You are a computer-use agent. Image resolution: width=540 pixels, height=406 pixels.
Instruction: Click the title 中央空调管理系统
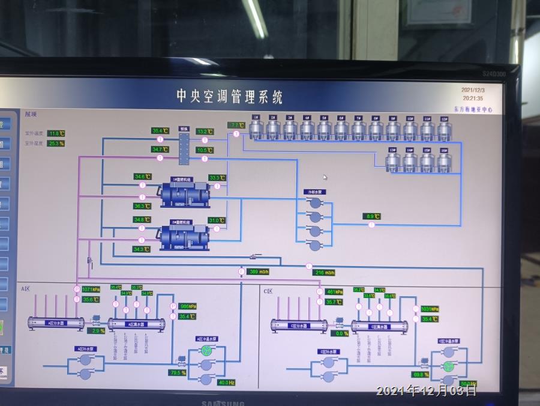tap(229, 96)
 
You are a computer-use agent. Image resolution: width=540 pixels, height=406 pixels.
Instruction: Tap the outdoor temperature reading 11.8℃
tap(56, 133)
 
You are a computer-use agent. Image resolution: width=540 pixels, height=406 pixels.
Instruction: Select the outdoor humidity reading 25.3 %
tap(56, 144)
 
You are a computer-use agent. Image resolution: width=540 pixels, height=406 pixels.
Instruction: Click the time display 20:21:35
tap(473, 98)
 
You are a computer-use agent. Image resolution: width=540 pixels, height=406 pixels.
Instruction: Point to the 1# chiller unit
tap(184, 192)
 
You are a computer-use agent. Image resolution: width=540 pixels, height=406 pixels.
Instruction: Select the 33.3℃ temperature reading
tap(217, 178)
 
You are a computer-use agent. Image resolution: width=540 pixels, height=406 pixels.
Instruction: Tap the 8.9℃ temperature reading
tap(371, 216)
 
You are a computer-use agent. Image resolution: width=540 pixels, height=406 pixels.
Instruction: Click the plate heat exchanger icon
tap(184, 145)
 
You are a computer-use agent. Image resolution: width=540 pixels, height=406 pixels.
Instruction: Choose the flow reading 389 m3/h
tap(259, 271)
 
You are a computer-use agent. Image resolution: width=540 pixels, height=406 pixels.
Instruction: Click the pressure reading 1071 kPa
tap(91, 289)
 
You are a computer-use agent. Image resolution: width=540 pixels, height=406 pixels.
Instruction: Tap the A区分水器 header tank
tap(56, 323)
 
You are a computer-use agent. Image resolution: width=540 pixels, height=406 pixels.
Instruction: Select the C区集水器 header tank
tap(379, 326)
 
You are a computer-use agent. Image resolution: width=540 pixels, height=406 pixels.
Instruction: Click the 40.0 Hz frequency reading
tap(226, 383)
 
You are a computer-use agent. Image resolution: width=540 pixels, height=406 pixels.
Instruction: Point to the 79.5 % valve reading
tap(178, 373)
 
